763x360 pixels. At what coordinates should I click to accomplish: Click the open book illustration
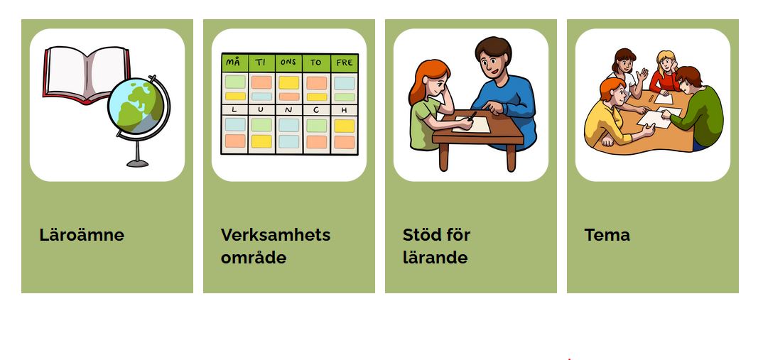tap(87, 74)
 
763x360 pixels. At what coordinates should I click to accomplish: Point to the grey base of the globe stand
tap(137, 163)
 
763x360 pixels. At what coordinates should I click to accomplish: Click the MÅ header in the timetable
tap(234, 62)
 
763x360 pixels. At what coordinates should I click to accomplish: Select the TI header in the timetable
tap(261, 62)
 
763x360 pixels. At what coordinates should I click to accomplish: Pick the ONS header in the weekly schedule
tap(288, 62)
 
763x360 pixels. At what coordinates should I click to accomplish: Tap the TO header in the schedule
tap(316, 62)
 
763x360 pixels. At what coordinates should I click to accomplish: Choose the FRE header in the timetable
tap(344, 62)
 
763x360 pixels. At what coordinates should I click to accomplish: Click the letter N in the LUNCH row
tap(288, 110)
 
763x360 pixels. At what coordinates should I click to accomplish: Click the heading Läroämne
tap(82, 235)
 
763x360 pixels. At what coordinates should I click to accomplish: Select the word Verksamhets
tap(276, 235)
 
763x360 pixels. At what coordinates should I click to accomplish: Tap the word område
tap(254, 257)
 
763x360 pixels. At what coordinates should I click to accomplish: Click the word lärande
tap(435, 257)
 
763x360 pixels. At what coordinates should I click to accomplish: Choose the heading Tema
tap(607, 235)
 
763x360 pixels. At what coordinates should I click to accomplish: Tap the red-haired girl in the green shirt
tap(431, 104)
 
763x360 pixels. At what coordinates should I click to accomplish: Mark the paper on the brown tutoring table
tap(470, 124)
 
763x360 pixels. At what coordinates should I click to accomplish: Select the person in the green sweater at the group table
tap(694, 107)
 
